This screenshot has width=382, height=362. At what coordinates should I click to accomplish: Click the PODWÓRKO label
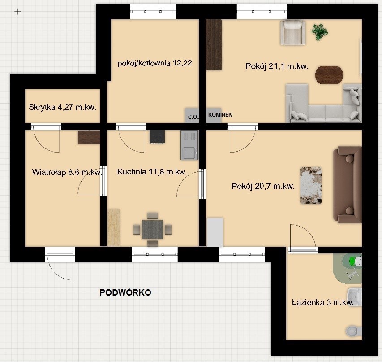point(125,292)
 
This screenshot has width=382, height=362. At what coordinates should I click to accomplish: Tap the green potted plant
point(320,31)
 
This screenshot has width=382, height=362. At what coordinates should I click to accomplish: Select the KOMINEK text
point(220,114)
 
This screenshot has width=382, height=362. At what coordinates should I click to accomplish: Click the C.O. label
point(193,117)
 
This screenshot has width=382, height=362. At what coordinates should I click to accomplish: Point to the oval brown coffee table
point(329,75)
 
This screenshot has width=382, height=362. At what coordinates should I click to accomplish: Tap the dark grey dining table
point(153,230)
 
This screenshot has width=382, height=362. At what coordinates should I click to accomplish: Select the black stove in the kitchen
point(157,137)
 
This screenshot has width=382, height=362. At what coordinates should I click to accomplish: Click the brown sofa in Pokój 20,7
point(348,185)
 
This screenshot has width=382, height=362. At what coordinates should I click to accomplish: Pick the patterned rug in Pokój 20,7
point(311,186)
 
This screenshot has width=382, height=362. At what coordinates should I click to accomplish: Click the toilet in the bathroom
point(353,331)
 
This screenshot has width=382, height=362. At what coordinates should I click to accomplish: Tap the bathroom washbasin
point(355,297)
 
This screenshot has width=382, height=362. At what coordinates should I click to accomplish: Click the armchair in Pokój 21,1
point(292,33)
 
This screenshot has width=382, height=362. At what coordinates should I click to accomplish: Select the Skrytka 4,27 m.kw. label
point(63,107)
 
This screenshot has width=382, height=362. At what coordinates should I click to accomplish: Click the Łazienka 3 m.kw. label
point(323,303)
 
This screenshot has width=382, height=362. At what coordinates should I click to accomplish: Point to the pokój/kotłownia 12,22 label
point(155,63)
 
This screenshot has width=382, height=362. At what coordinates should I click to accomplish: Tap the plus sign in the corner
point(17,12)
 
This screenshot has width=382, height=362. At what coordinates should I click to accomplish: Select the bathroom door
point(303,249)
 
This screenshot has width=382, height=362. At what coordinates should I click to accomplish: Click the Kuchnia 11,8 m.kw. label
point(152,172)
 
